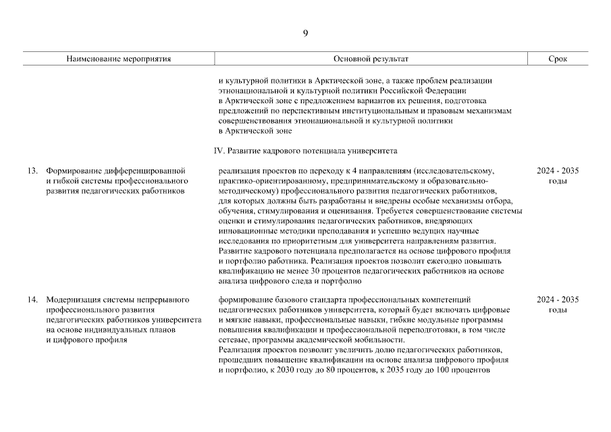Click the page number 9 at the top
click(x=305, y=34)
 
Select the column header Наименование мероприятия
click(x=118, y=59)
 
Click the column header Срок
click(x=558, y=59)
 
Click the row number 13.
click(x=32, y=171)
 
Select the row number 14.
click(x=32, y=299)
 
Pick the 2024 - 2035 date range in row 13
click(x=558, y=171)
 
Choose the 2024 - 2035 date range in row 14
click(x=558, y=299)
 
